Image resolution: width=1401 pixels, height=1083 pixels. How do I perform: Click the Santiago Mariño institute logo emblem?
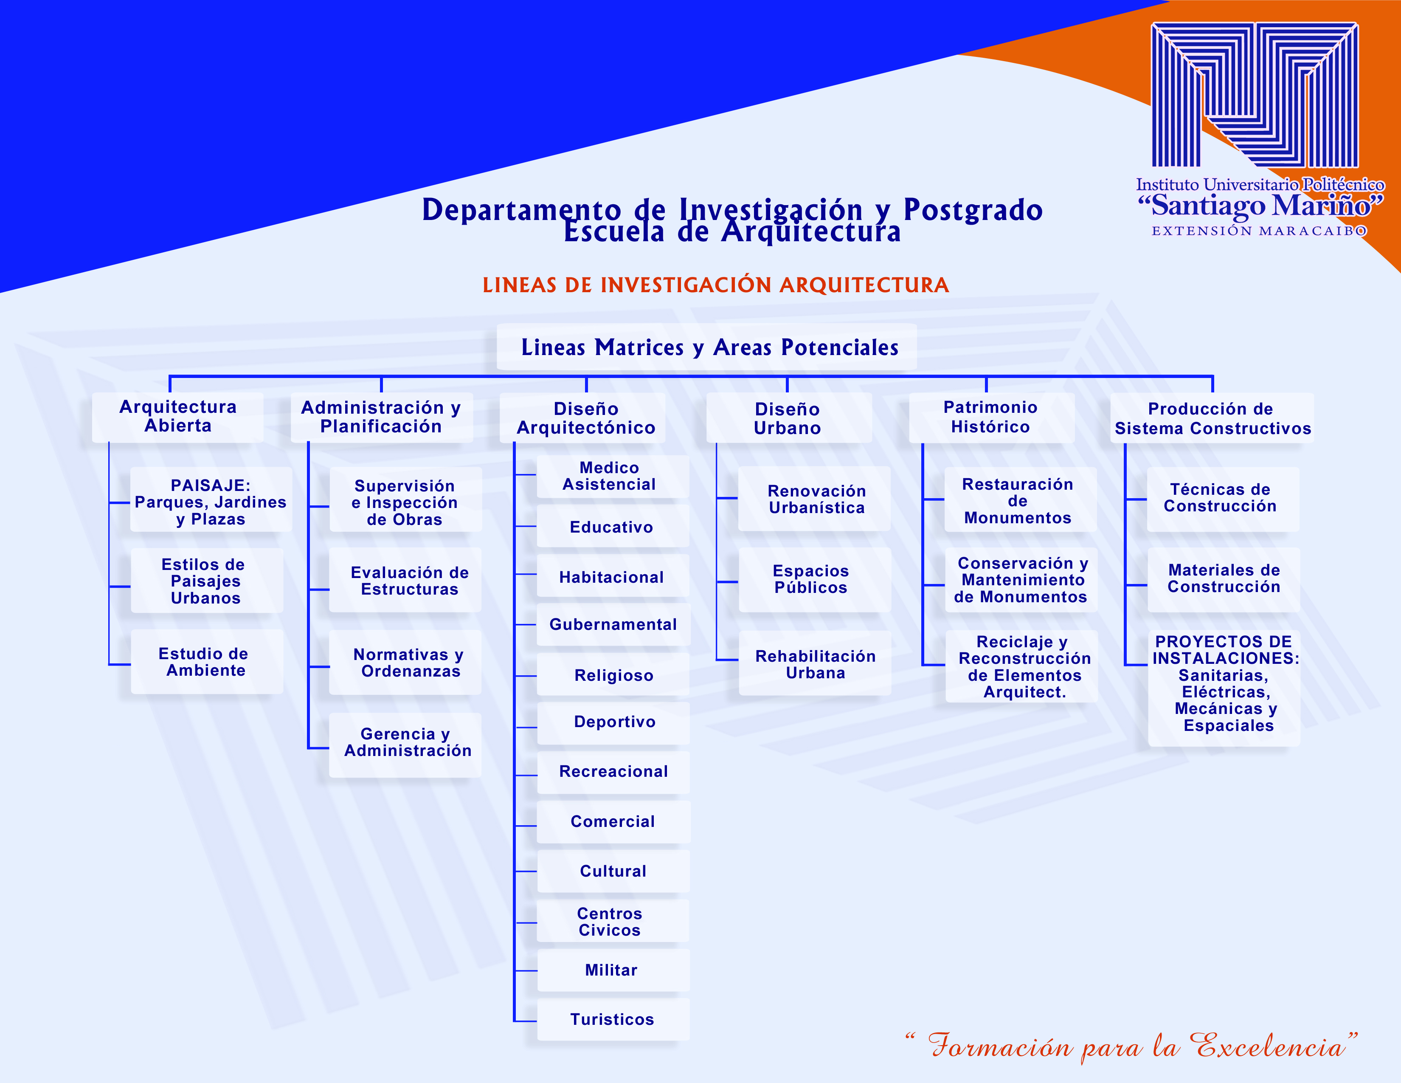click(x=1255, y=95)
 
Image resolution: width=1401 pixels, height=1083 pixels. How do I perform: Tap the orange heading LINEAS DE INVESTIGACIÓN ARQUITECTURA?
click(x=715, y=285)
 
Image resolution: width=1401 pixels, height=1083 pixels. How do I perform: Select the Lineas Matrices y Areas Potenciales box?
click(x=706, y=347)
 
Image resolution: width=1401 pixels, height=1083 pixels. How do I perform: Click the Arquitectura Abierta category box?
click(x=178, y=417)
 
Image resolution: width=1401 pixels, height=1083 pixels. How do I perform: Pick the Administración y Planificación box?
click(x=382, y=417)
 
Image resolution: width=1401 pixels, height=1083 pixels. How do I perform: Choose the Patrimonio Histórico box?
click(x=991, y=417)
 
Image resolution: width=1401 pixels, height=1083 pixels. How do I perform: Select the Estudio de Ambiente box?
click(x=207, y=661)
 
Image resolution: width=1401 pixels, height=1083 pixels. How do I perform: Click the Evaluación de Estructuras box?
click(x=405, y=580)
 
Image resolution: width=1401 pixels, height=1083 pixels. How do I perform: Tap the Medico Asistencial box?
click(x=613, y=476)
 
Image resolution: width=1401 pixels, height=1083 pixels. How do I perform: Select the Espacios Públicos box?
click(x=815, y=579)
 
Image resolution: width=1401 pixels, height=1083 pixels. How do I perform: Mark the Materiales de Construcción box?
click(x=1223, y=579)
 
